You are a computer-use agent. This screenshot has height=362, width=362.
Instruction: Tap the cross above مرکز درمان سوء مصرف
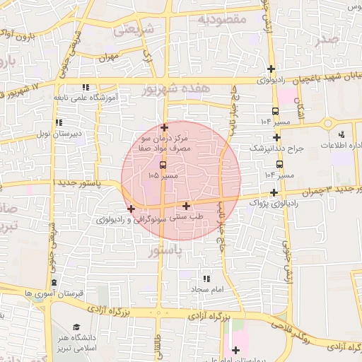pos(164,128)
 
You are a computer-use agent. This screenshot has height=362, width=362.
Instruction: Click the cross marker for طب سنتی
pos(186,206)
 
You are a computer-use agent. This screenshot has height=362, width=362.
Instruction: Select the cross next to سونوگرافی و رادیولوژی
pos(131,209)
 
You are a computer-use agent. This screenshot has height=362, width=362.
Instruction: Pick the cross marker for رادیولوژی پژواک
pos(274,192)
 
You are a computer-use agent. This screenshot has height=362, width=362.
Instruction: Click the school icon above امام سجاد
pos(206,279)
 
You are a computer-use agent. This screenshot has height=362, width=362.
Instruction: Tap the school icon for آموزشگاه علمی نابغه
pos(85,87)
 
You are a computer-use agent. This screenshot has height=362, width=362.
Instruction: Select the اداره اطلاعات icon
pos(342,134)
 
